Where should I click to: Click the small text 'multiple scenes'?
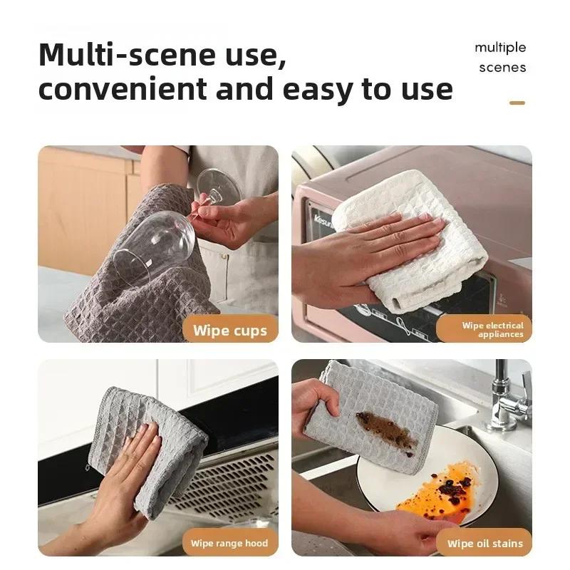(x=501, y=58)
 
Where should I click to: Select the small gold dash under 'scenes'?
(x=517, y=103)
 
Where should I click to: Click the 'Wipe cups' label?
(x=229, y=331)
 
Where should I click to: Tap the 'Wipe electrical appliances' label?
(x=492, y=330)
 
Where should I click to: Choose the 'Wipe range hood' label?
(x=229, y=543)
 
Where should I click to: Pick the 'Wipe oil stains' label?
(x=484, y=543)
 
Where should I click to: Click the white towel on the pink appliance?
(x=427, y=271)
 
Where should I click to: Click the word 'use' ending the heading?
(x=425, y=90)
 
